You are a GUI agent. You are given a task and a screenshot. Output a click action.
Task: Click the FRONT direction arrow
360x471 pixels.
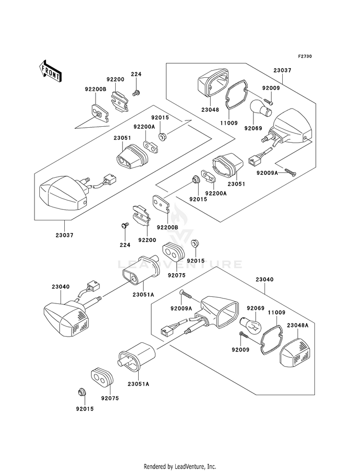point(50,71)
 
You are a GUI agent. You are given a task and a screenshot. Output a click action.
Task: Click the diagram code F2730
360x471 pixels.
point(305,57)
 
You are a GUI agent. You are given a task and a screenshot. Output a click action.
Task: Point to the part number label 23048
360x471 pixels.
point(210,110)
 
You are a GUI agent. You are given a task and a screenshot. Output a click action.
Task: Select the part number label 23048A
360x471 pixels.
point(298,325)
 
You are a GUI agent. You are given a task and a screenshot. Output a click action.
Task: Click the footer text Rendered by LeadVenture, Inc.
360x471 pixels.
point(180,467)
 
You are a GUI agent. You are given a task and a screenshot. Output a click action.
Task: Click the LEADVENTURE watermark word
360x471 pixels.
point(180,265)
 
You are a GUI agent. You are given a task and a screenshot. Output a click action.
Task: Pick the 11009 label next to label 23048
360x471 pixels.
point(228,123)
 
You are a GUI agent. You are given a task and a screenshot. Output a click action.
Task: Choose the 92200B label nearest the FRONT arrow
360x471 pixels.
point(96,89)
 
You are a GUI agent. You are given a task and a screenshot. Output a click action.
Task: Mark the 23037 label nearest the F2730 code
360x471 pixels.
point(282,70)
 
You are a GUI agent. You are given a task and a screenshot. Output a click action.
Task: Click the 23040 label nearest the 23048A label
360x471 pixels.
point(264,279)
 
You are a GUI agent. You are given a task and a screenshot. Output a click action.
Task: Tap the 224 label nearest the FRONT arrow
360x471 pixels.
point(136,74)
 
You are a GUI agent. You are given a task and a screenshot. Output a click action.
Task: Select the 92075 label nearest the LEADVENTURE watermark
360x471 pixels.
point(177,275)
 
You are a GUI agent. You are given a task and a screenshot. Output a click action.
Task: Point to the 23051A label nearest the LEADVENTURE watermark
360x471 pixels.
point(143,295)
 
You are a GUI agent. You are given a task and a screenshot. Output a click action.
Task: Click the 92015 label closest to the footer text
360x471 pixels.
point(84,409)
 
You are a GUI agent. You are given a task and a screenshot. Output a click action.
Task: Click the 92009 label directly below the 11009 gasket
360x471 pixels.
point(240,350)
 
